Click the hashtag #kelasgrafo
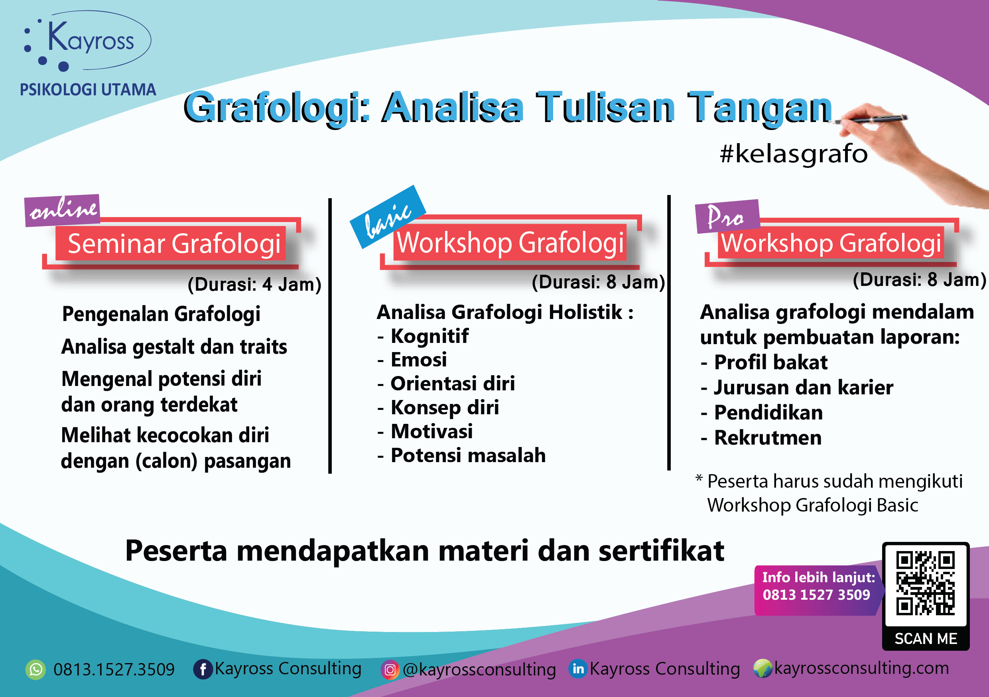(x=794, y=154)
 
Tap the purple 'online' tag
(x=63, y=210)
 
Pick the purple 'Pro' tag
(x=727, y=216)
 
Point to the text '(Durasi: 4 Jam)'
(x=254, y=284)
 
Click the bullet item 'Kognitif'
(x=429, y=336)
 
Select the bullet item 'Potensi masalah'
(x=468, y=455)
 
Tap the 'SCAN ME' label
(x=926, y=638)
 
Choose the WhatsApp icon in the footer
(x=35, y=669)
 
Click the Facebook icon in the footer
(x=203, y=669)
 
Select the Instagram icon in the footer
(x=390, y=670)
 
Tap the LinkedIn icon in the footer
(x=578, y=669)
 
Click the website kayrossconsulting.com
(x=861, y=668)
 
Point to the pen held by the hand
(x=875, y=119)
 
